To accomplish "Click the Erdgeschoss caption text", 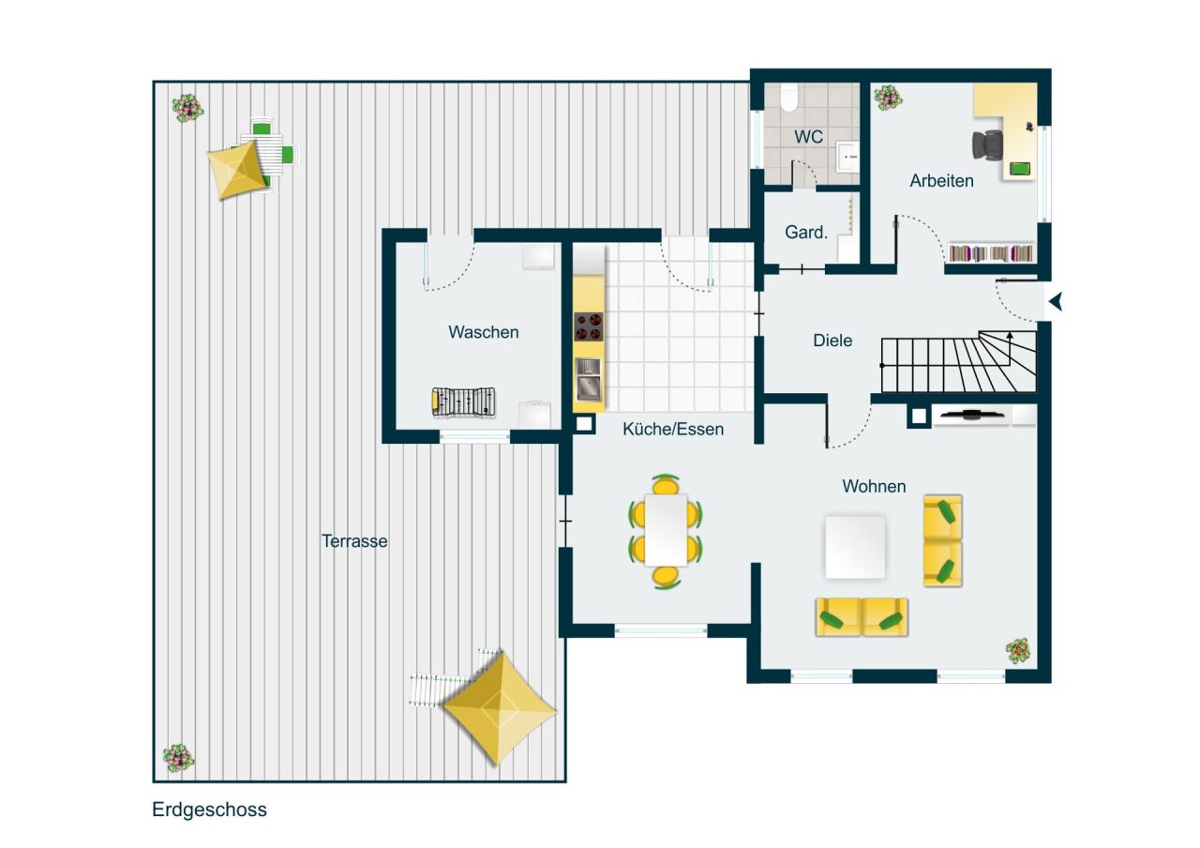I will tap(209, 810).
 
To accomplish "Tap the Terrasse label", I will tap(354, 541).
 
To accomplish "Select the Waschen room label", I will tap(483, 332).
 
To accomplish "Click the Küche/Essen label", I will tap(673, 429).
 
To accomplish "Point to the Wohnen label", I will tap(874, 486).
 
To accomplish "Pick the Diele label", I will tap(832, 341).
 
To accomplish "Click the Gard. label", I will tap(805, 233).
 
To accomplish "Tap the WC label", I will tap(808, 137).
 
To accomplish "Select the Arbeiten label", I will tap(941, 181).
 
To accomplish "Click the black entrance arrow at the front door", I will tap(1056, 302).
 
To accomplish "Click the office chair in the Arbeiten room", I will tap(988, 145).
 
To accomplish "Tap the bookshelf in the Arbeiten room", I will tap(992, 253).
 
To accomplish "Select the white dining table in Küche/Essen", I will tap(667, 529).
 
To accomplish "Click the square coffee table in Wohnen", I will tap(855, 547).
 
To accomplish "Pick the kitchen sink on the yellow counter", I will tap(588, 379).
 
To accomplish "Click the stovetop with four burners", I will tap(588, 326).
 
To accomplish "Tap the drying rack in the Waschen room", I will tap(463, 401).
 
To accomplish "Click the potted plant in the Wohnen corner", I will tap(1017, 649).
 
